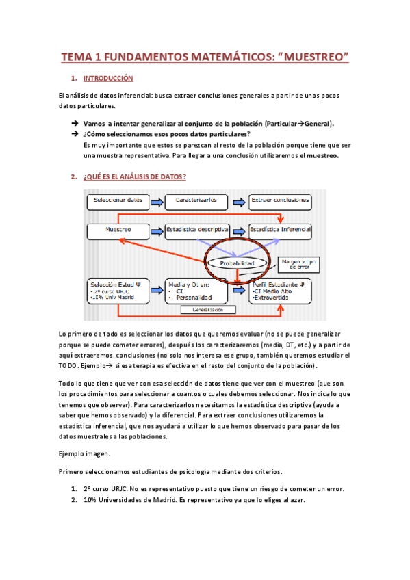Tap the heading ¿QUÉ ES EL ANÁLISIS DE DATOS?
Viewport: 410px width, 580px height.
pos(133,177)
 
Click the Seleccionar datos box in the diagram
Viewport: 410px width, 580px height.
pos(117,201)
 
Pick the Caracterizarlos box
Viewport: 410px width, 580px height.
pos(196,201)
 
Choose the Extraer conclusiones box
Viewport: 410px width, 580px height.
pos(280,201)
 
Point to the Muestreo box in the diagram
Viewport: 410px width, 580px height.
pos(117,230)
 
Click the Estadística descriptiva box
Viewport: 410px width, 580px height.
pos(197,230)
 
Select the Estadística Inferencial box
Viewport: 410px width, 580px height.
pos(280,230)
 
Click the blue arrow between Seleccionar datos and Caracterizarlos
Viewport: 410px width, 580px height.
pos(156,201)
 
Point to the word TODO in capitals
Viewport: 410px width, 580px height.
pos(67,366)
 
